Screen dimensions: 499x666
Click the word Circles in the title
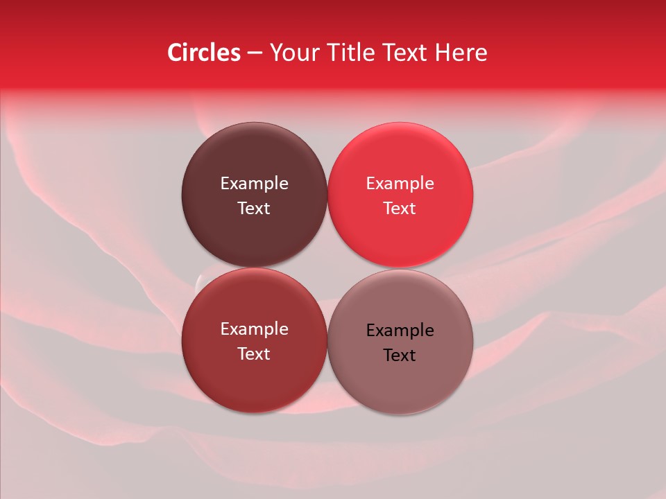(204, 53)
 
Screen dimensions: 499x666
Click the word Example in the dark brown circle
(254, 184)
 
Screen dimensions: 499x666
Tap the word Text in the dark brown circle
(254, 209)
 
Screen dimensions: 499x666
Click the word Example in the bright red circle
(400, 184)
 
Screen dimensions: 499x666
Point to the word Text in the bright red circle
(400, 209)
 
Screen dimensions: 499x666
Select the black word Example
(400, 331)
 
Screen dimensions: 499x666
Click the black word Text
(400, 356)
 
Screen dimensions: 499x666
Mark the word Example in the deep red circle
(254, 329)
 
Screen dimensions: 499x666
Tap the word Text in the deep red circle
(254, 354)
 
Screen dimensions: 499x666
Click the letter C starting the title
(176, 53)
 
